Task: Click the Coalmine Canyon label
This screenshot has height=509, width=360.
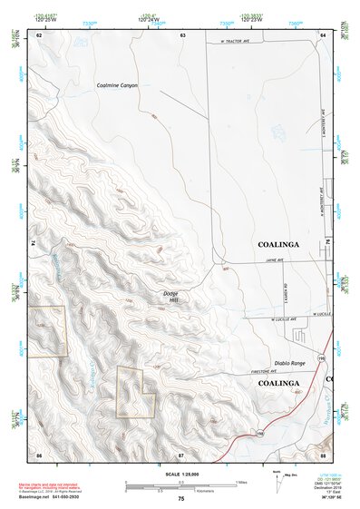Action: pos(117,85)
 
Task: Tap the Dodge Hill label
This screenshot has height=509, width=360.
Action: pos(171,296)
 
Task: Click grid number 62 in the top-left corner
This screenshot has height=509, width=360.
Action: pos(39,34)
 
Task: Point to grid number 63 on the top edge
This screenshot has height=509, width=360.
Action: pos(182,34)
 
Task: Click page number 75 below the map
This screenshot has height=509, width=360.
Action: pos(181,499)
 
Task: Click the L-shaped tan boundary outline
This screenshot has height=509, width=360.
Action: pos(135,391)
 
